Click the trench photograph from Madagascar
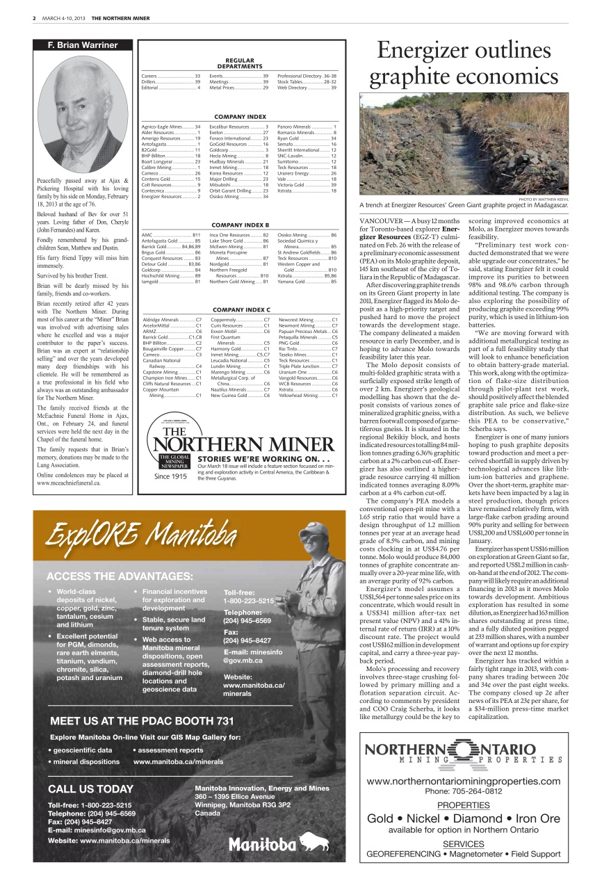[x=464, y=144]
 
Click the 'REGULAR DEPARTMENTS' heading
[x=239, y=63]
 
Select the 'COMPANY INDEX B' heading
[x=239, y=225]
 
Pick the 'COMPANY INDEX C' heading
[x=239, y=309]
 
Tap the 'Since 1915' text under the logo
[x=170, y=477]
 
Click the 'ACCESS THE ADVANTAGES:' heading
[x=120, y=576]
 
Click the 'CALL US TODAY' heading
[x=90, y=788]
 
